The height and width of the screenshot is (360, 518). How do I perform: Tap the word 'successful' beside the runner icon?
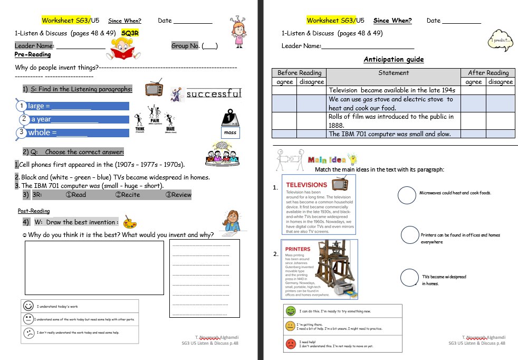click(214, 94)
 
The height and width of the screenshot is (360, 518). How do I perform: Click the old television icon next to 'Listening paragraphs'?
click(154, 89)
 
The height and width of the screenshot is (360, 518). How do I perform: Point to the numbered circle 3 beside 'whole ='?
click(21, 132)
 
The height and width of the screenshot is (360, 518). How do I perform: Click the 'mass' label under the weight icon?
click(230, 132)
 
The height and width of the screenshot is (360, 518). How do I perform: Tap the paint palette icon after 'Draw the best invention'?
click(128, 221)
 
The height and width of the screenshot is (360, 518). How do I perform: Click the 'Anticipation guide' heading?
click(394, 60)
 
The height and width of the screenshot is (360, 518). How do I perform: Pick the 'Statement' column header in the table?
click(394, 73)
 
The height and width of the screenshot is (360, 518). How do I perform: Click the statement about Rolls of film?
click(391, 121)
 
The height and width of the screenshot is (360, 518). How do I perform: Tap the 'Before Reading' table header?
click(299, 73)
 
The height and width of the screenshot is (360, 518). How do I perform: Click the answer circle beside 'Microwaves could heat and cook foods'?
click(407, 195)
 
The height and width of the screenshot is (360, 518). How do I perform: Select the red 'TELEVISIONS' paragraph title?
click(306, 185)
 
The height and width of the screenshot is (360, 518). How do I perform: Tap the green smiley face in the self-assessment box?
click(290, 311)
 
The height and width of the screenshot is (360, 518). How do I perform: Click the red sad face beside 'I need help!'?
click(290, 344)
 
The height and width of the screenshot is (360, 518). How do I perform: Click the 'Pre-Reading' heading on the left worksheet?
click(33, 54)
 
